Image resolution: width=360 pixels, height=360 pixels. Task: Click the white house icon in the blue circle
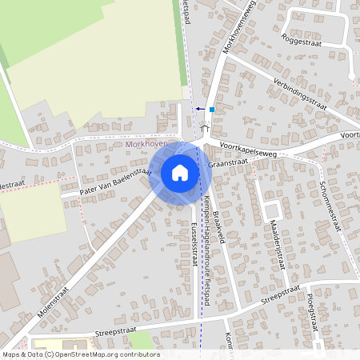(x=180, y=173)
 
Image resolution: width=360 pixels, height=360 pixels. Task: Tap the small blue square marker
(x=211, y=109)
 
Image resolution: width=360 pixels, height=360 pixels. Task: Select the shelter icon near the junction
(x=205, y=127)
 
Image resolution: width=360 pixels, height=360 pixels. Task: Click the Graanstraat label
(x=228, y=162)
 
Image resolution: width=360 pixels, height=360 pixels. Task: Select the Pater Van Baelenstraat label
(x=117, y=182)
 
